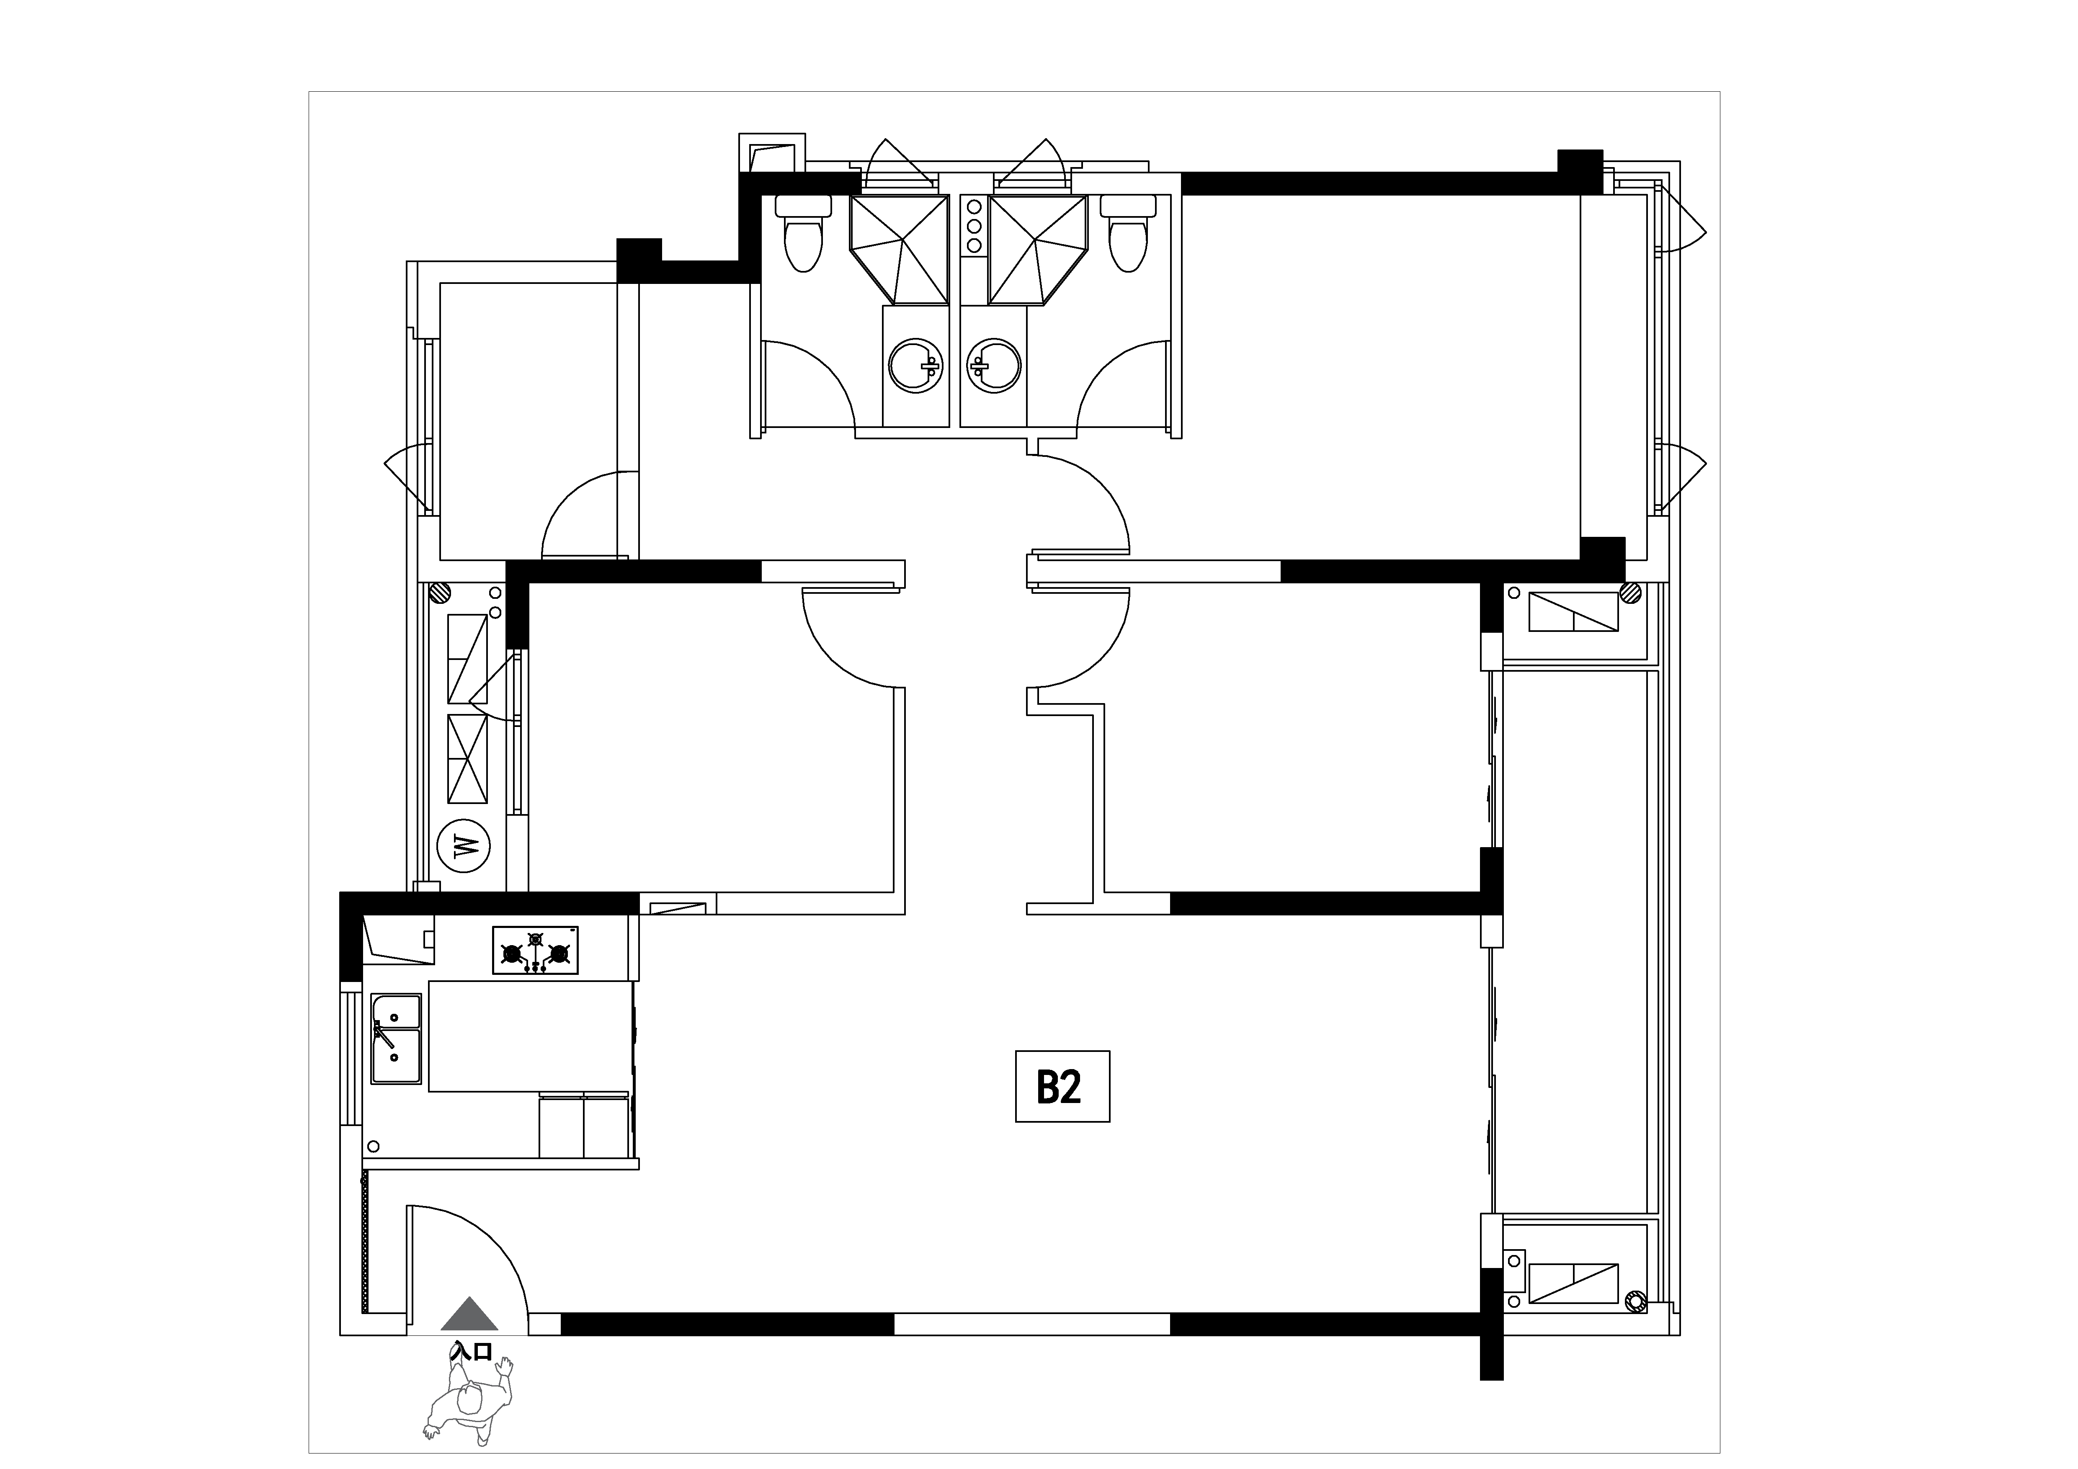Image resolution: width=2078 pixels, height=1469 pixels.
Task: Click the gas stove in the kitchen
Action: [x=535, y=951]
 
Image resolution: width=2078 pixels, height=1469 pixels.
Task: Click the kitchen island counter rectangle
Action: [x=529, y=1036]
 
